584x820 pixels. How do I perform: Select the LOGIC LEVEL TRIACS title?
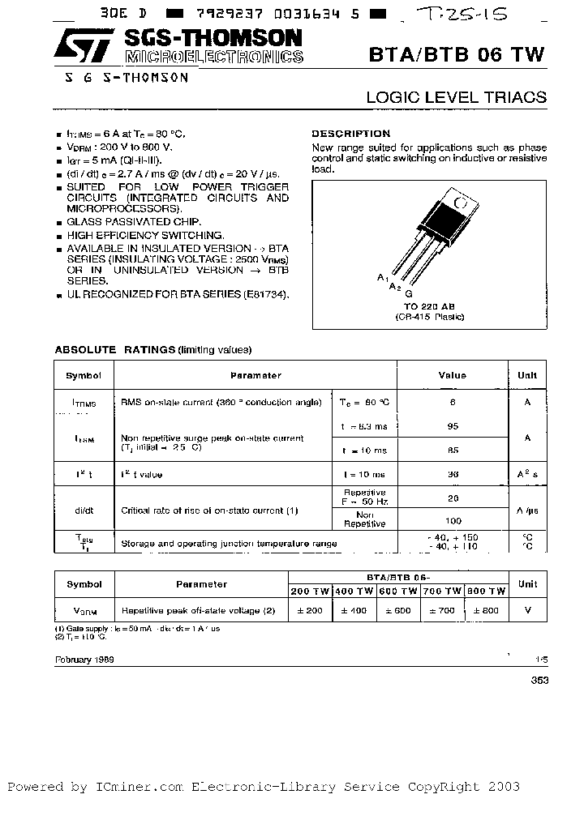[456, 97]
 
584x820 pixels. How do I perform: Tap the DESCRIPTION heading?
[350, 134]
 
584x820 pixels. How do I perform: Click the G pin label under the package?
[409, 293]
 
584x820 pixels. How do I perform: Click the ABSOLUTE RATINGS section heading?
[114, 349]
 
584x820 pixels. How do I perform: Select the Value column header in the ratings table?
[452, 375]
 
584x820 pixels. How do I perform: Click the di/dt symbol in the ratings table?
[84, 510]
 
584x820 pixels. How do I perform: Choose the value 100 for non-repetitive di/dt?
[453, 521]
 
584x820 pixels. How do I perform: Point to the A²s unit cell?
[527, 474]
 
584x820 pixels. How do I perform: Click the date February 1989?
[84, 660]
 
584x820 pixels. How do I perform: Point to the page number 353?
[539, 681]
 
